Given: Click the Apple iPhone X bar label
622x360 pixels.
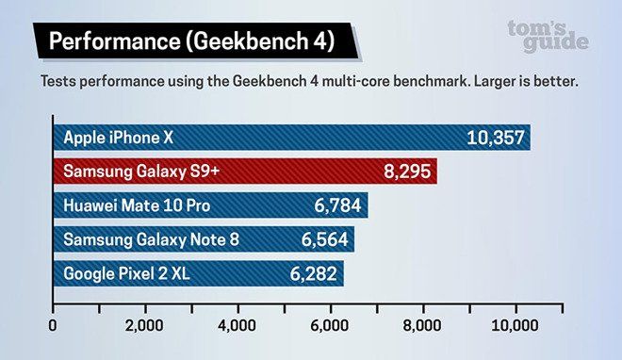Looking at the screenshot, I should point(118,138).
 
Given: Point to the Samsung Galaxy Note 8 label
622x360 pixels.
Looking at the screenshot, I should point(151,239).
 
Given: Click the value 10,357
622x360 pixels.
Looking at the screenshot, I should point(495,138).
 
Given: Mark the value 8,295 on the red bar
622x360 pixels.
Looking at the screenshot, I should point(408,172).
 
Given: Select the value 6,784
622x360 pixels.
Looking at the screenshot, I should point(337,205).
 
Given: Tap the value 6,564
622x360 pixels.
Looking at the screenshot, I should point(325,239).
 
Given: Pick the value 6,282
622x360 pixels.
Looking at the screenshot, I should point(312,273).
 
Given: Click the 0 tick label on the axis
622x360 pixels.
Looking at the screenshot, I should point(54,326).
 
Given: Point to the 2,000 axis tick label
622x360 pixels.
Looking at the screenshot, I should point(145,326).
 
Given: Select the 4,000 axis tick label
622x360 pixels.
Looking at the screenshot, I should point(237,326).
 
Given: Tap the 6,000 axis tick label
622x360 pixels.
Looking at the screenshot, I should point(330,326).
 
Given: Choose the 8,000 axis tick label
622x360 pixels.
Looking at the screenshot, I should point(422,326).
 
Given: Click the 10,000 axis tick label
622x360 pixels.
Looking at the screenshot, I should point(514,326).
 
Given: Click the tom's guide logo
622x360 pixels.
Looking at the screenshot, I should point(548,36).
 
